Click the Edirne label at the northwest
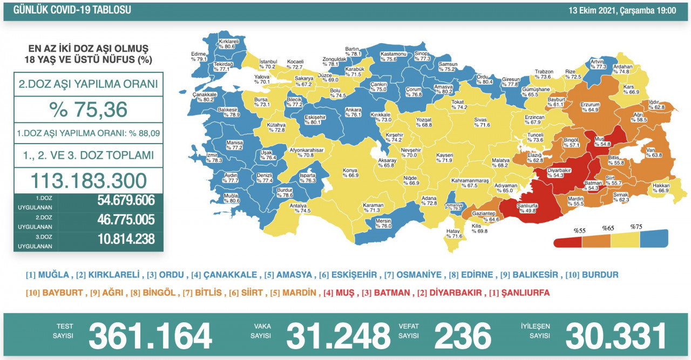pos(198,57)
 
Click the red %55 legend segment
pos(568,240)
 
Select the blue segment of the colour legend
pos(654,238)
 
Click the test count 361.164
pos(150,335)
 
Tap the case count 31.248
pos(338,335)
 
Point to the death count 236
pos(463,335)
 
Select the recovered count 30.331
pos(616,335)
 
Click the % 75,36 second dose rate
pos(89,109)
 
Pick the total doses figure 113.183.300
pos(89,180)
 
